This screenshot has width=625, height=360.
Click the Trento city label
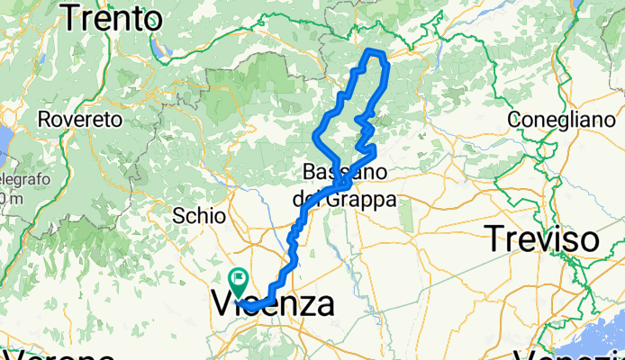click(113, 16)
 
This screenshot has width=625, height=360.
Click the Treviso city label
click(543, 239)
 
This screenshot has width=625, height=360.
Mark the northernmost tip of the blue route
click(373, 50)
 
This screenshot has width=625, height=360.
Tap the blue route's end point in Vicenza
click(245, 307)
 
